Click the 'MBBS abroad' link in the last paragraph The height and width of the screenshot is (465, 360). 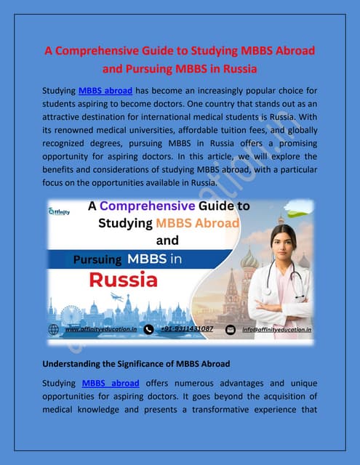pyautogui.click(x=111, y=383)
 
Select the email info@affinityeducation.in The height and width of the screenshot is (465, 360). pyautogui.click(x=276, y=329)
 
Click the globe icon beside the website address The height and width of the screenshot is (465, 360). pyautogui.click(x=54, y=329)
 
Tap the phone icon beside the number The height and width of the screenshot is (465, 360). pyautogui.click(x=149, y=329)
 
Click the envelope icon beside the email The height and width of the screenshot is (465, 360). pyautogui.click(x=231, y=329)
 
